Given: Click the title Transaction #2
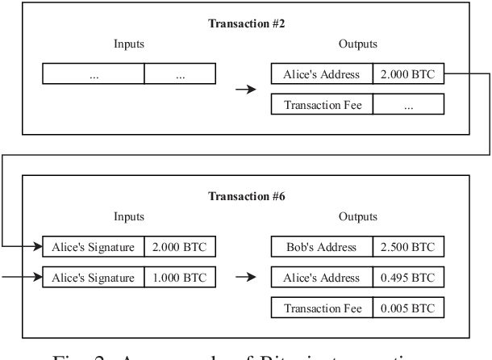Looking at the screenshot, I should click(245, 23).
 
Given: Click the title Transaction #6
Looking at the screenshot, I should click(245, 196).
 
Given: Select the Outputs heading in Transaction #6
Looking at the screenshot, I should click(358, 216).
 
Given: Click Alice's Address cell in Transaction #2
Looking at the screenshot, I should click(321, 74).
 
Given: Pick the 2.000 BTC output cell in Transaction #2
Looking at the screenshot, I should click(407, 74).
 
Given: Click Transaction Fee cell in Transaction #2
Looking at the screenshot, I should click(321, 104).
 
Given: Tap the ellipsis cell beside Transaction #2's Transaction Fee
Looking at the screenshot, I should click(407, 104).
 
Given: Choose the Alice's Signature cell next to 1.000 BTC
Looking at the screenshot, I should click(93, 277).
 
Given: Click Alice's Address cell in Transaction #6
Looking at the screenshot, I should click(321, 277).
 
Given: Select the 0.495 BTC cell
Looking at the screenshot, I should click(407, 277).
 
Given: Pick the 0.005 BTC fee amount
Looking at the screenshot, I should click(407, 308).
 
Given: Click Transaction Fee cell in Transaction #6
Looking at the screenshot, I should click(321, 308).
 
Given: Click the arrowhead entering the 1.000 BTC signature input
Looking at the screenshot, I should click(37, 277).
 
